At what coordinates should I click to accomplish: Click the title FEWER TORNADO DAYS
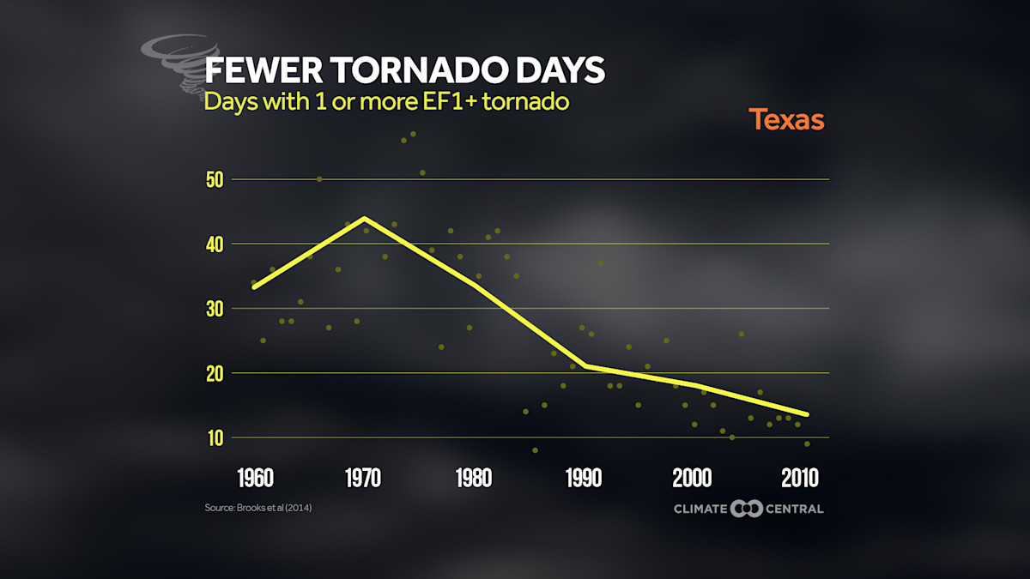click(x=403, y=70)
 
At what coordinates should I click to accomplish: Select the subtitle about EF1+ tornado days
click(x=386, y=101)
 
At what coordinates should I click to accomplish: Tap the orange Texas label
click(x=786, y=119)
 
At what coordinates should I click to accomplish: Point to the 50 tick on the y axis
click(x=214, y=180)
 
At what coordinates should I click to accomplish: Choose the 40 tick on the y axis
click(x=214, y=244)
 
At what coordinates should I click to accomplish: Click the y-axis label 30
click(x=214, y=309)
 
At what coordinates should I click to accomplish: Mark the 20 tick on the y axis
click(x=214, y=373)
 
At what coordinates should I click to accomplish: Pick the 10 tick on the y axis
click(x=214, y=437)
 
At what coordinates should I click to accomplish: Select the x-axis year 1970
click(x=364, y=477)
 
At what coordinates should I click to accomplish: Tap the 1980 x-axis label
click(x=474, y=477)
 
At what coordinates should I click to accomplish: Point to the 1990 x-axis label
click(x=585, y=477)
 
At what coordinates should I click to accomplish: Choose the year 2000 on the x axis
click(x=694, y=477)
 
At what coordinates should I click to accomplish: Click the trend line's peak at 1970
click(x=365, y=218)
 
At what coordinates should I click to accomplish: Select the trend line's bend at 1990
click(x=585, y=366)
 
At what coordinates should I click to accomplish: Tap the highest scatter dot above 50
click(x=413, y=134)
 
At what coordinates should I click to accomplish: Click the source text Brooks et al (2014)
click(x=257, y=509)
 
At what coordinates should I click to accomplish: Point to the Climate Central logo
click(x=748, y=509)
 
